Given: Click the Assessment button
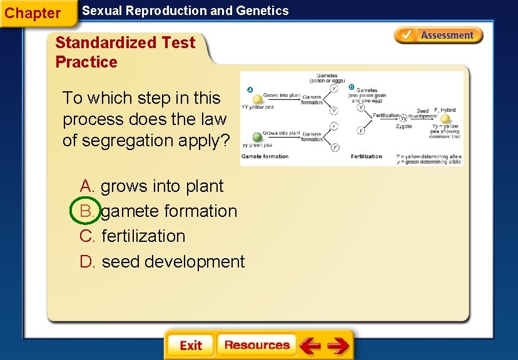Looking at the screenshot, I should tap(439, 36).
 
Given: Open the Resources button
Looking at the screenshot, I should tap(256, 345).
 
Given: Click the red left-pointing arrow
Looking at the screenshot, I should tap(310, 345).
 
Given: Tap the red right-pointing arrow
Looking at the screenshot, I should tap(338, 345).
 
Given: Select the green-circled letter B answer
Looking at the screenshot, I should tap(86, 211).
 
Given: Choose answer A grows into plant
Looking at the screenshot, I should tap(151, 186).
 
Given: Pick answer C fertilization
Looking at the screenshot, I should tap(133, 236).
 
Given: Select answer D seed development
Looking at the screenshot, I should tap(162, 261).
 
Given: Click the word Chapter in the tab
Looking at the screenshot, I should tap(33, 13).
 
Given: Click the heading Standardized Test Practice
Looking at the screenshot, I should tap(125, 52).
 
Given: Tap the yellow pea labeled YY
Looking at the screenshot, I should tap(257, 99).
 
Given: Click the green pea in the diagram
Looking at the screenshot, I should tap(256, 137).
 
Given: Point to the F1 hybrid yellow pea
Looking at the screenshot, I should tap(445, 119).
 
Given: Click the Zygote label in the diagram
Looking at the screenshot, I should tap(404, 126).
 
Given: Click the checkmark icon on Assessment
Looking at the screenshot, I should tap(405, 35).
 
